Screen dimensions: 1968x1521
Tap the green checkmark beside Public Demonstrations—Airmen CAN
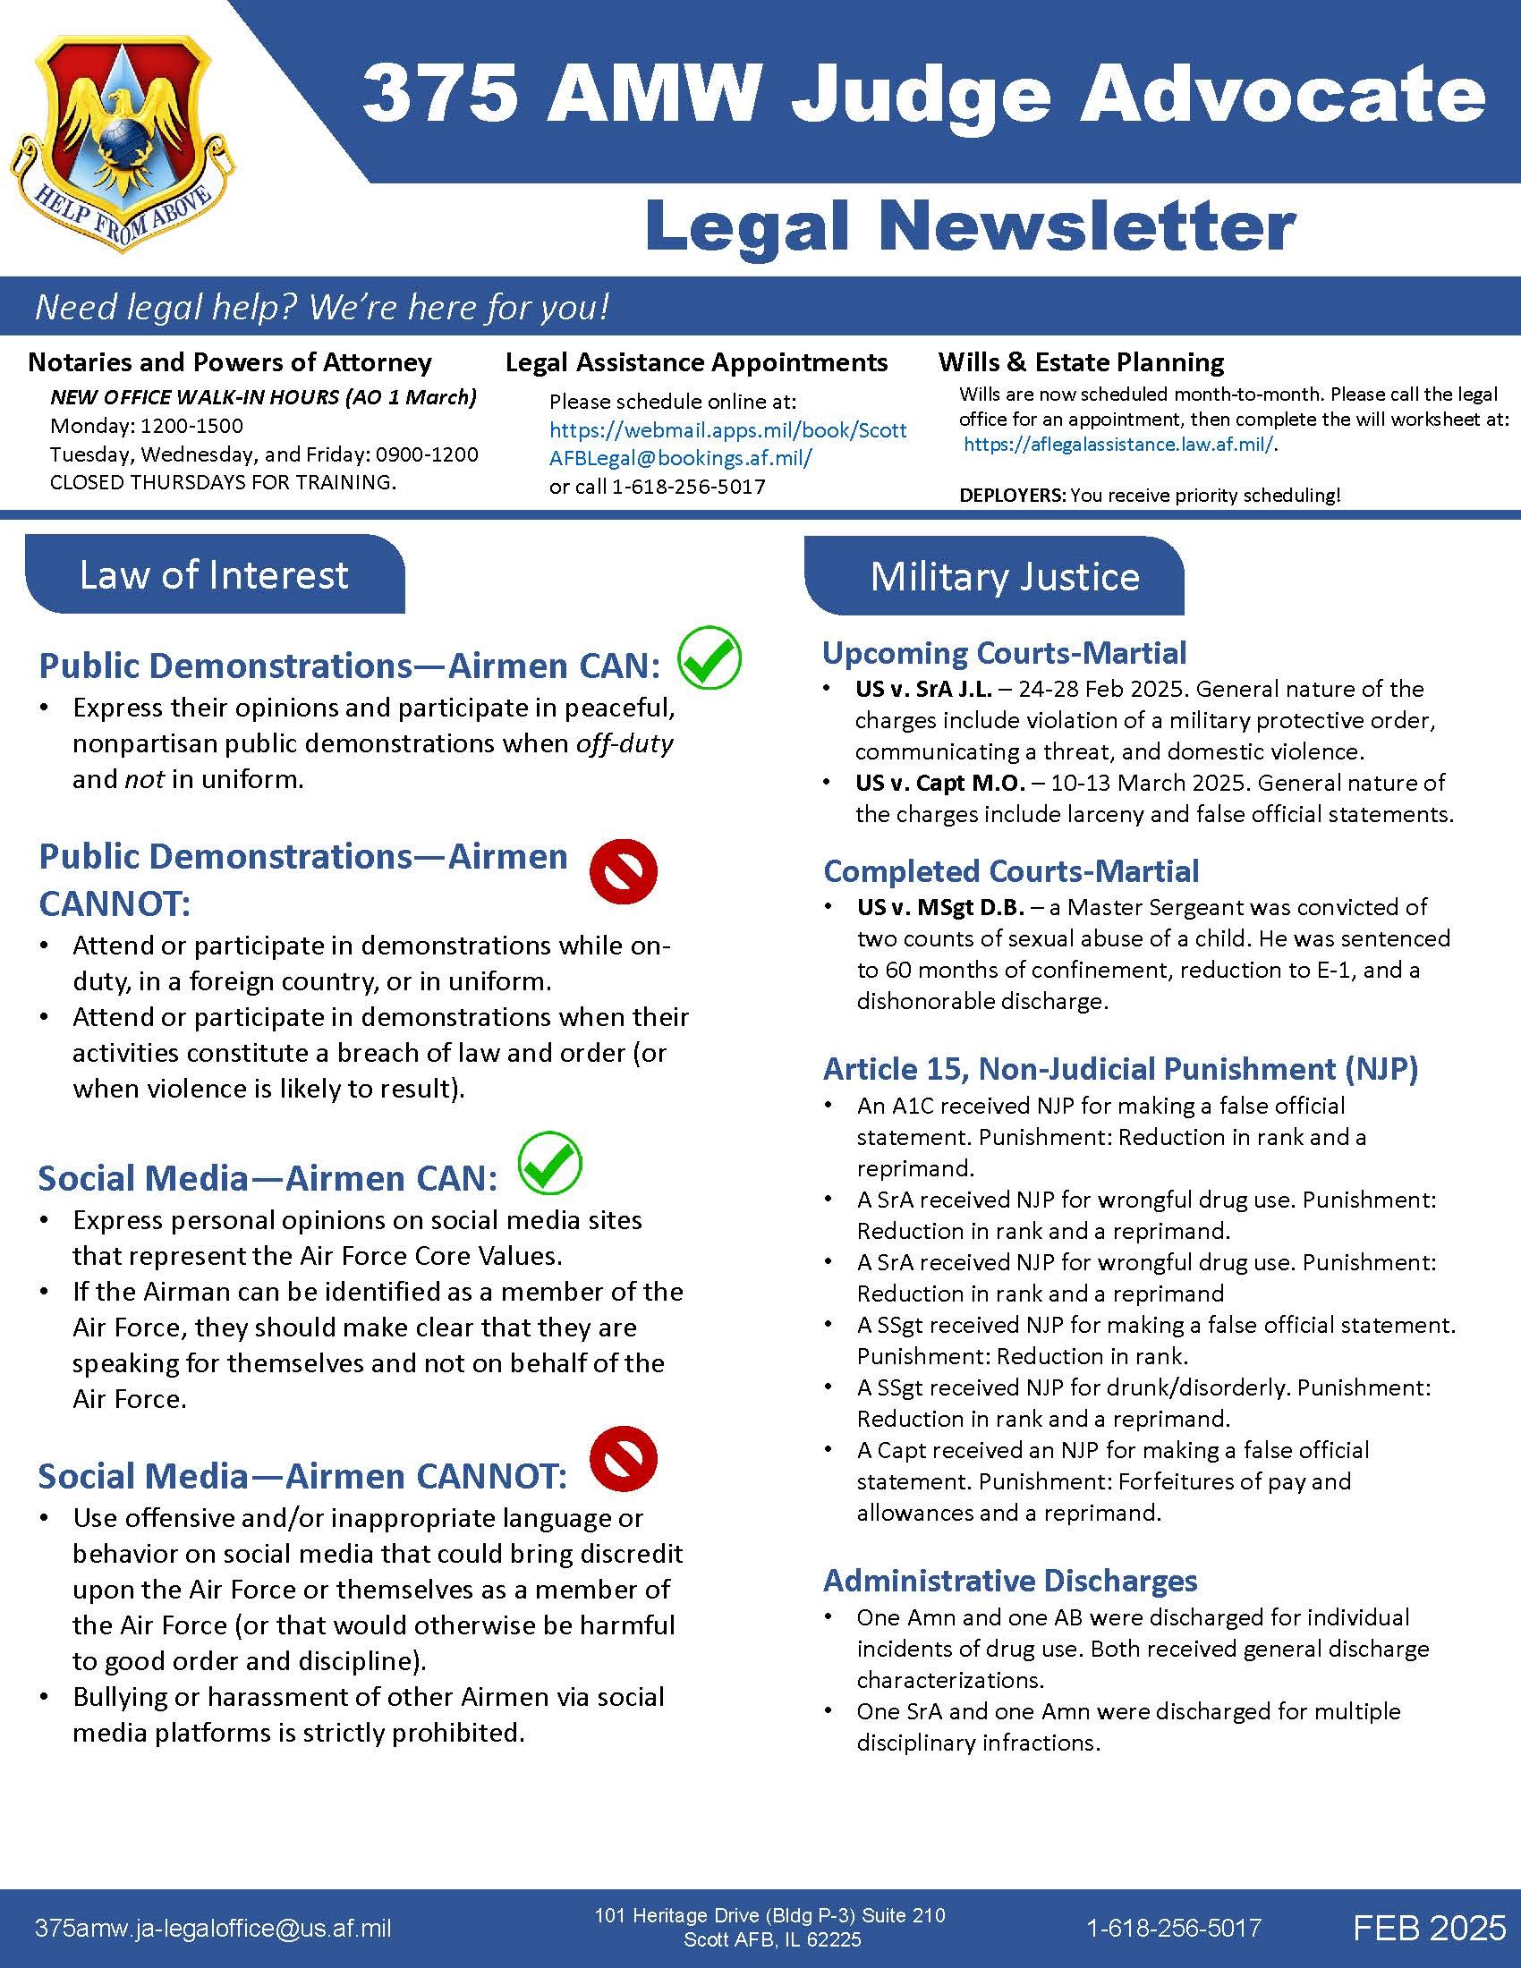coord(710,657)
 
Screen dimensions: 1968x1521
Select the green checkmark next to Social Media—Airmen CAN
coord(550,1163)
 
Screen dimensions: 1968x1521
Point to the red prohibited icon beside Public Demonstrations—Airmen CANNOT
coord(623,871)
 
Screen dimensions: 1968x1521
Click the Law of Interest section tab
coord(215,575)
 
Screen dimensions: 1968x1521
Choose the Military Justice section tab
coord(1004,577)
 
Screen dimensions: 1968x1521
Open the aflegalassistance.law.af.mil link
coord(1119,445)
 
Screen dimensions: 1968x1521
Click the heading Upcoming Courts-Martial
coord(1004,652)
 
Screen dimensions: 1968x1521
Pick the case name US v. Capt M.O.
coord(939,783)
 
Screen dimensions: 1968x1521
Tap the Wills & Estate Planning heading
coord(1081,362)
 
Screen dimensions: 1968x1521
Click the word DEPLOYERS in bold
coord(1012,496)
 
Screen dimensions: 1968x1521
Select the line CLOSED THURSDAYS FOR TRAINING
coord(223,482)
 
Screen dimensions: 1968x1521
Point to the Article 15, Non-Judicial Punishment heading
coord(1120,1069)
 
